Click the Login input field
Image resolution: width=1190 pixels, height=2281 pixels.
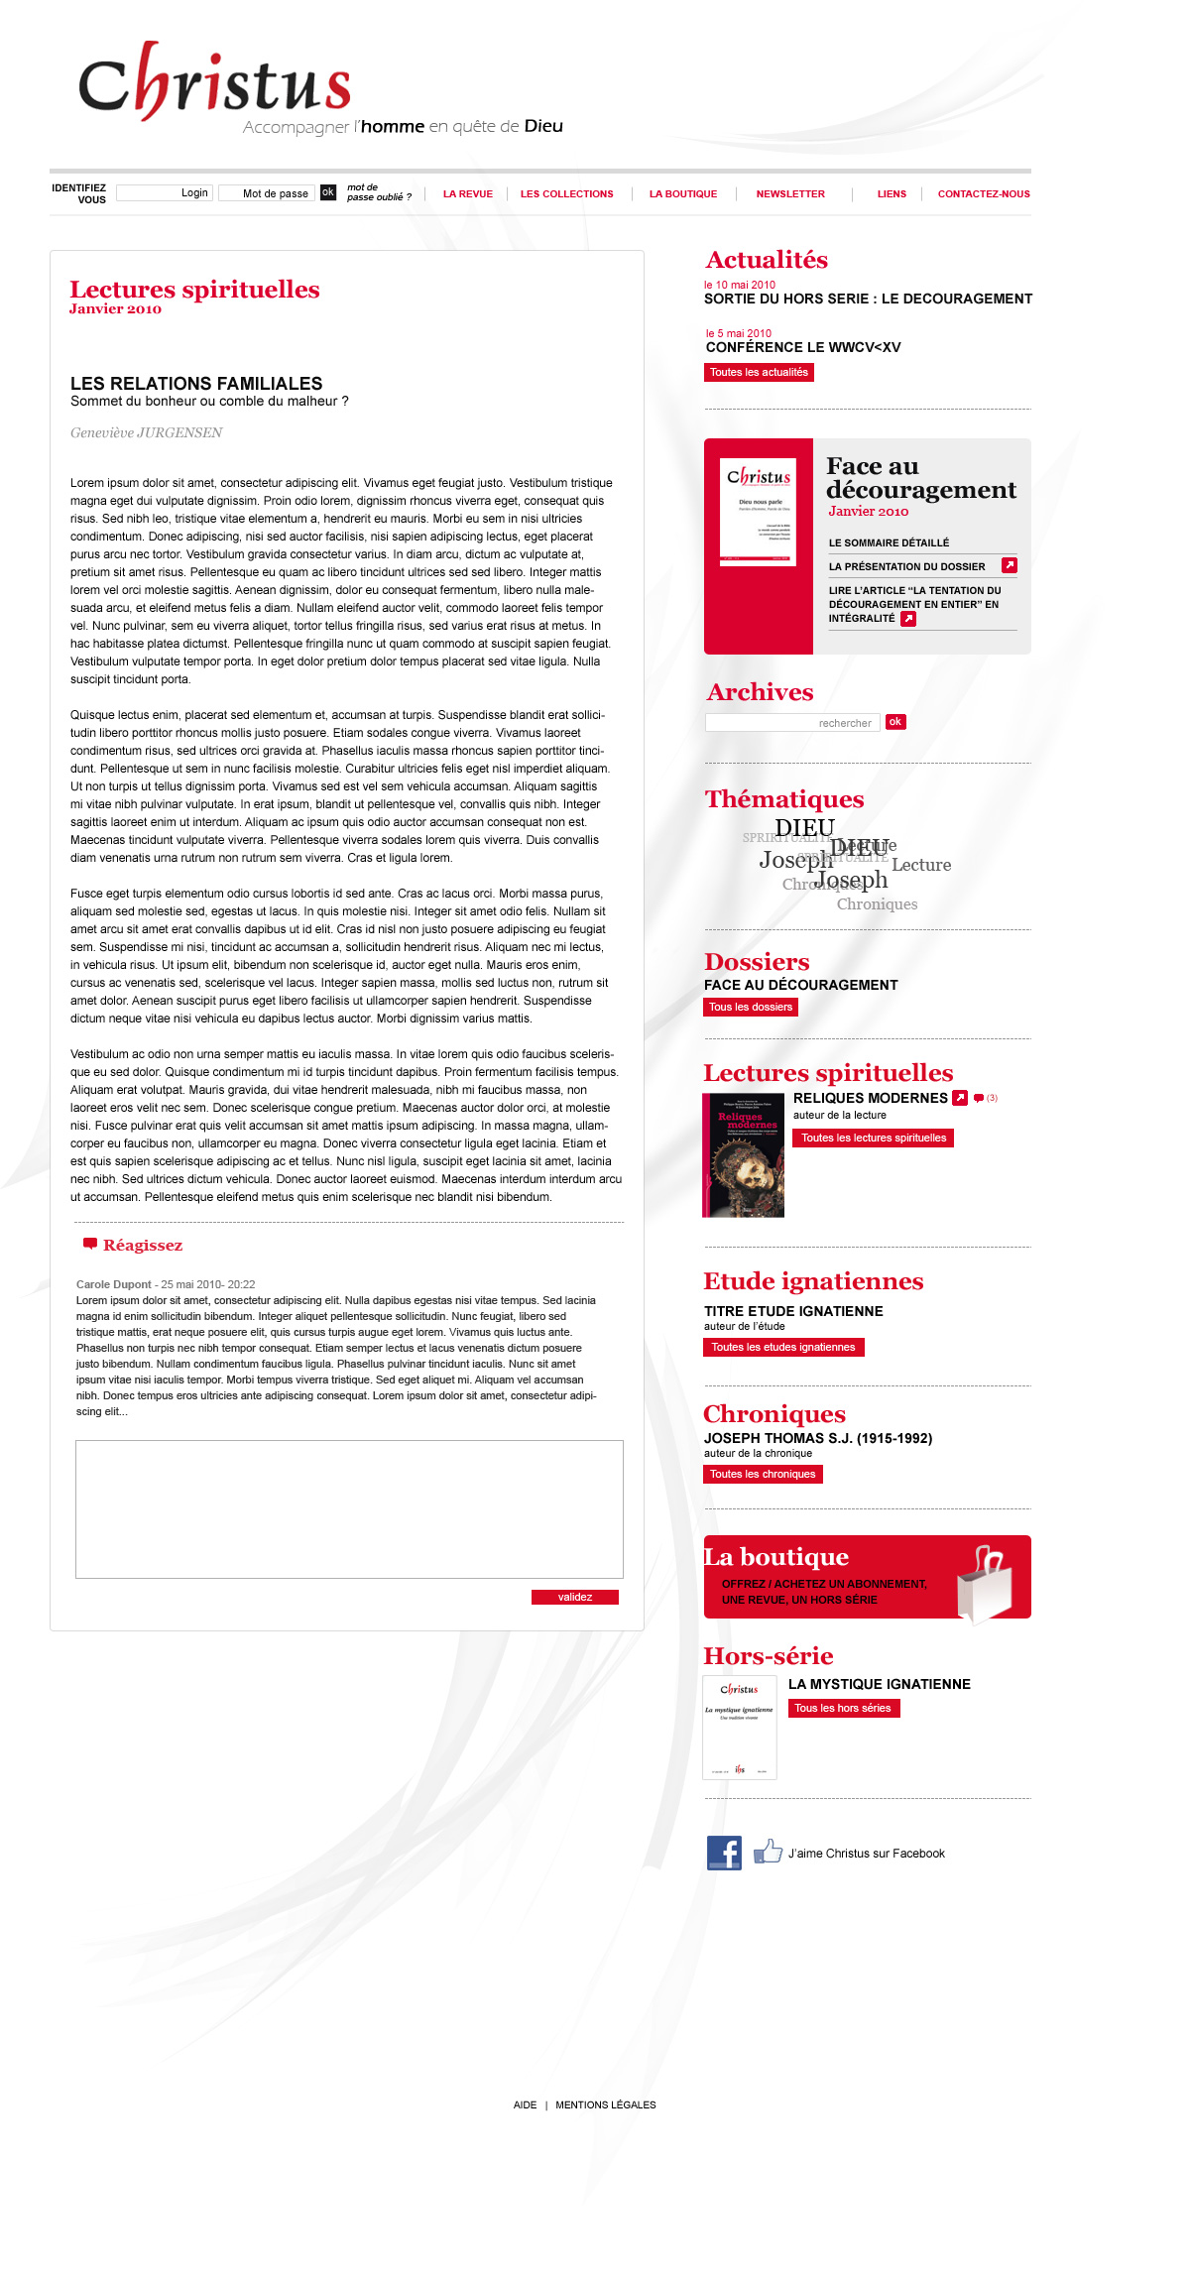[165, 193]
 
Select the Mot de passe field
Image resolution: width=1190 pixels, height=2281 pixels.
[266, 193]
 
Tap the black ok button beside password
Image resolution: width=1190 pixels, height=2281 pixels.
[328, 192]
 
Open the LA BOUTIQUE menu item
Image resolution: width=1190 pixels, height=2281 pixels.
[683, 194]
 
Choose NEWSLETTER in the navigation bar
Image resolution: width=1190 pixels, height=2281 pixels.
[790, 194]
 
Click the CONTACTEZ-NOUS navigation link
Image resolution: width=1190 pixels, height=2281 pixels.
[984, 194]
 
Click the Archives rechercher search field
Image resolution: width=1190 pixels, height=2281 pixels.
[791, 723]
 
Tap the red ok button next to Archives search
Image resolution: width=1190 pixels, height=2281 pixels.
[895, 722]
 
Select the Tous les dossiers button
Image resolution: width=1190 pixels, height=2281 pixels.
[751, 1007]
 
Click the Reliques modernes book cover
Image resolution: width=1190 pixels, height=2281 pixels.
[744, 1155]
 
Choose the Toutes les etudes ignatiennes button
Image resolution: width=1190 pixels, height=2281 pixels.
[783, 1347]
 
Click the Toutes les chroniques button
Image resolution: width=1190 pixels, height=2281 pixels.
[763, 1474]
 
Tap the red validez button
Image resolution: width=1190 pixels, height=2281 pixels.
[575, 1597]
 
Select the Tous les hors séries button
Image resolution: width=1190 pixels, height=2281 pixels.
[843, 1708]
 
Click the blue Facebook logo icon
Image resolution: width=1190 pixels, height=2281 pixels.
[724, 1853]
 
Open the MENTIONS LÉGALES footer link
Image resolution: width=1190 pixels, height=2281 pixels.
[606, 2104]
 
